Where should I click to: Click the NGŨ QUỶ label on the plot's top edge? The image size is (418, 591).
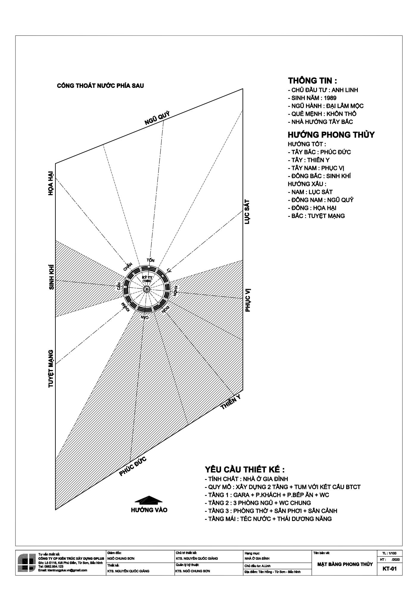pyautogui.click(x=157, y=118)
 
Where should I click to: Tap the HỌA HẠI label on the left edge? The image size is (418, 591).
pyautogui.click(x=51, y=183)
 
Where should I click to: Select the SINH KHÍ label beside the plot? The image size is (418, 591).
pyautogui.click(x=52, y=277)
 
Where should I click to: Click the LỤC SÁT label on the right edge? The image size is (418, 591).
pyautogui.click(x=247, y=212)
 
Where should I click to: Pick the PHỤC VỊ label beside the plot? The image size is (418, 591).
pyautogui.click(x=248, y=300)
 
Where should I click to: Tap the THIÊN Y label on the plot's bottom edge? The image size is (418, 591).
pyautogui.click(x=231, y=402)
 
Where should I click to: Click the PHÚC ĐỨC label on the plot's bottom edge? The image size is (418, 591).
pyautogui.click(x=133, y=466)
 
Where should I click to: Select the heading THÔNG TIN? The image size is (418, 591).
pyautogui.click(x=312, y=81)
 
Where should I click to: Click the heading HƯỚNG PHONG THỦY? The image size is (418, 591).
pyautogui.click(x=331, y=135)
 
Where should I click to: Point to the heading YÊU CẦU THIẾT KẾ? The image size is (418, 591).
pyautogui.click(x=245, y=470)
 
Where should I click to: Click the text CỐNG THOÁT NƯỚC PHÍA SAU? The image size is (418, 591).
pyautogui.click(x=100, y=86)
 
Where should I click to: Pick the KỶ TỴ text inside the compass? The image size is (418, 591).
pyautogui.click(x=147, y=277)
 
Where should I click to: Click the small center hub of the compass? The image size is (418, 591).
pyautogui.click(x=147, y=289)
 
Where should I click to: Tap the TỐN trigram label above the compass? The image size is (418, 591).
pyautogui.click(x=150, y=260)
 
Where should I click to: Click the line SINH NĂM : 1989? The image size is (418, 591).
pyautogui.click(x=312, y=98)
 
